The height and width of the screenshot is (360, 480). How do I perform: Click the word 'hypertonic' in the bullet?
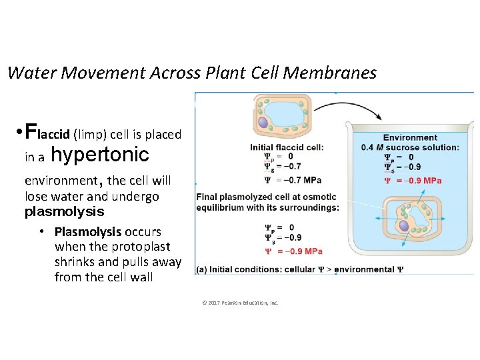coord(99,155)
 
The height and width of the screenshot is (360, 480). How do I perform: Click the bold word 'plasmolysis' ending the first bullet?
coord(65,212)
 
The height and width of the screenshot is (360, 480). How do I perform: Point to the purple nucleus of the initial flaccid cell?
coord(263,123)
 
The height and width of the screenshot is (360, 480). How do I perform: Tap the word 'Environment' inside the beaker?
coord(410,137)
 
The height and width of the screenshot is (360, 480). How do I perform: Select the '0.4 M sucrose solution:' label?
coord(410,147)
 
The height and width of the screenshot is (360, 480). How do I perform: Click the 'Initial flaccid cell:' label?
coord(287,147)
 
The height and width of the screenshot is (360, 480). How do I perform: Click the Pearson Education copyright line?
coord(240,303)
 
